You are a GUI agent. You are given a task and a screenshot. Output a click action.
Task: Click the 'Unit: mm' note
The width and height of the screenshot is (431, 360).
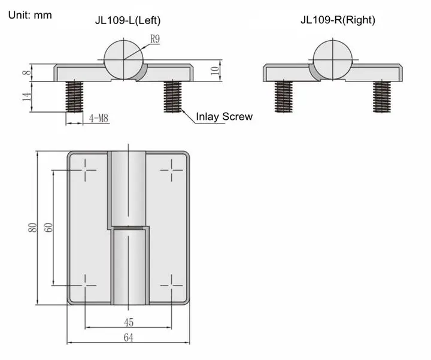click(30, 15)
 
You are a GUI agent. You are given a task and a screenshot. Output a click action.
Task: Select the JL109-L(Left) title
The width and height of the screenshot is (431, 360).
click(128, 20)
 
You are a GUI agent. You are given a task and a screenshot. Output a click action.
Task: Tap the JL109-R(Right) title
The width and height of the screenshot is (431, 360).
click(338, 20)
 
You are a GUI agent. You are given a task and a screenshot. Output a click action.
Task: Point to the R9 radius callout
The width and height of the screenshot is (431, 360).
click(155, 39)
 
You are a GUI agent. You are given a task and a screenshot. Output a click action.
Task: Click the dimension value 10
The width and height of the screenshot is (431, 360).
click(215, 71)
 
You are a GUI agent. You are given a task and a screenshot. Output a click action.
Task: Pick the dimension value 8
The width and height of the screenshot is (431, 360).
click(27, 72)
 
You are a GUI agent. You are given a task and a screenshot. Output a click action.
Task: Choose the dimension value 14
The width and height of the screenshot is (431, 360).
click(27, 96)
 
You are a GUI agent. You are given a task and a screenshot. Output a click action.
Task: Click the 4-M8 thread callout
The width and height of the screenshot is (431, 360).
click(98, 119)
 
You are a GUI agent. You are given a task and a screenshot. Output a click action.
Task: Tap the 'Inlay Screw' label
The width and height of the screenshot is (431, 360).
click(224, 116)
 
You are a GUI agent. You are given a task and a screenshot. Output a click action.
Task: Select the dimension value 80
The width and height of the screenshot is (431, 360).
click(33, 228)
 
